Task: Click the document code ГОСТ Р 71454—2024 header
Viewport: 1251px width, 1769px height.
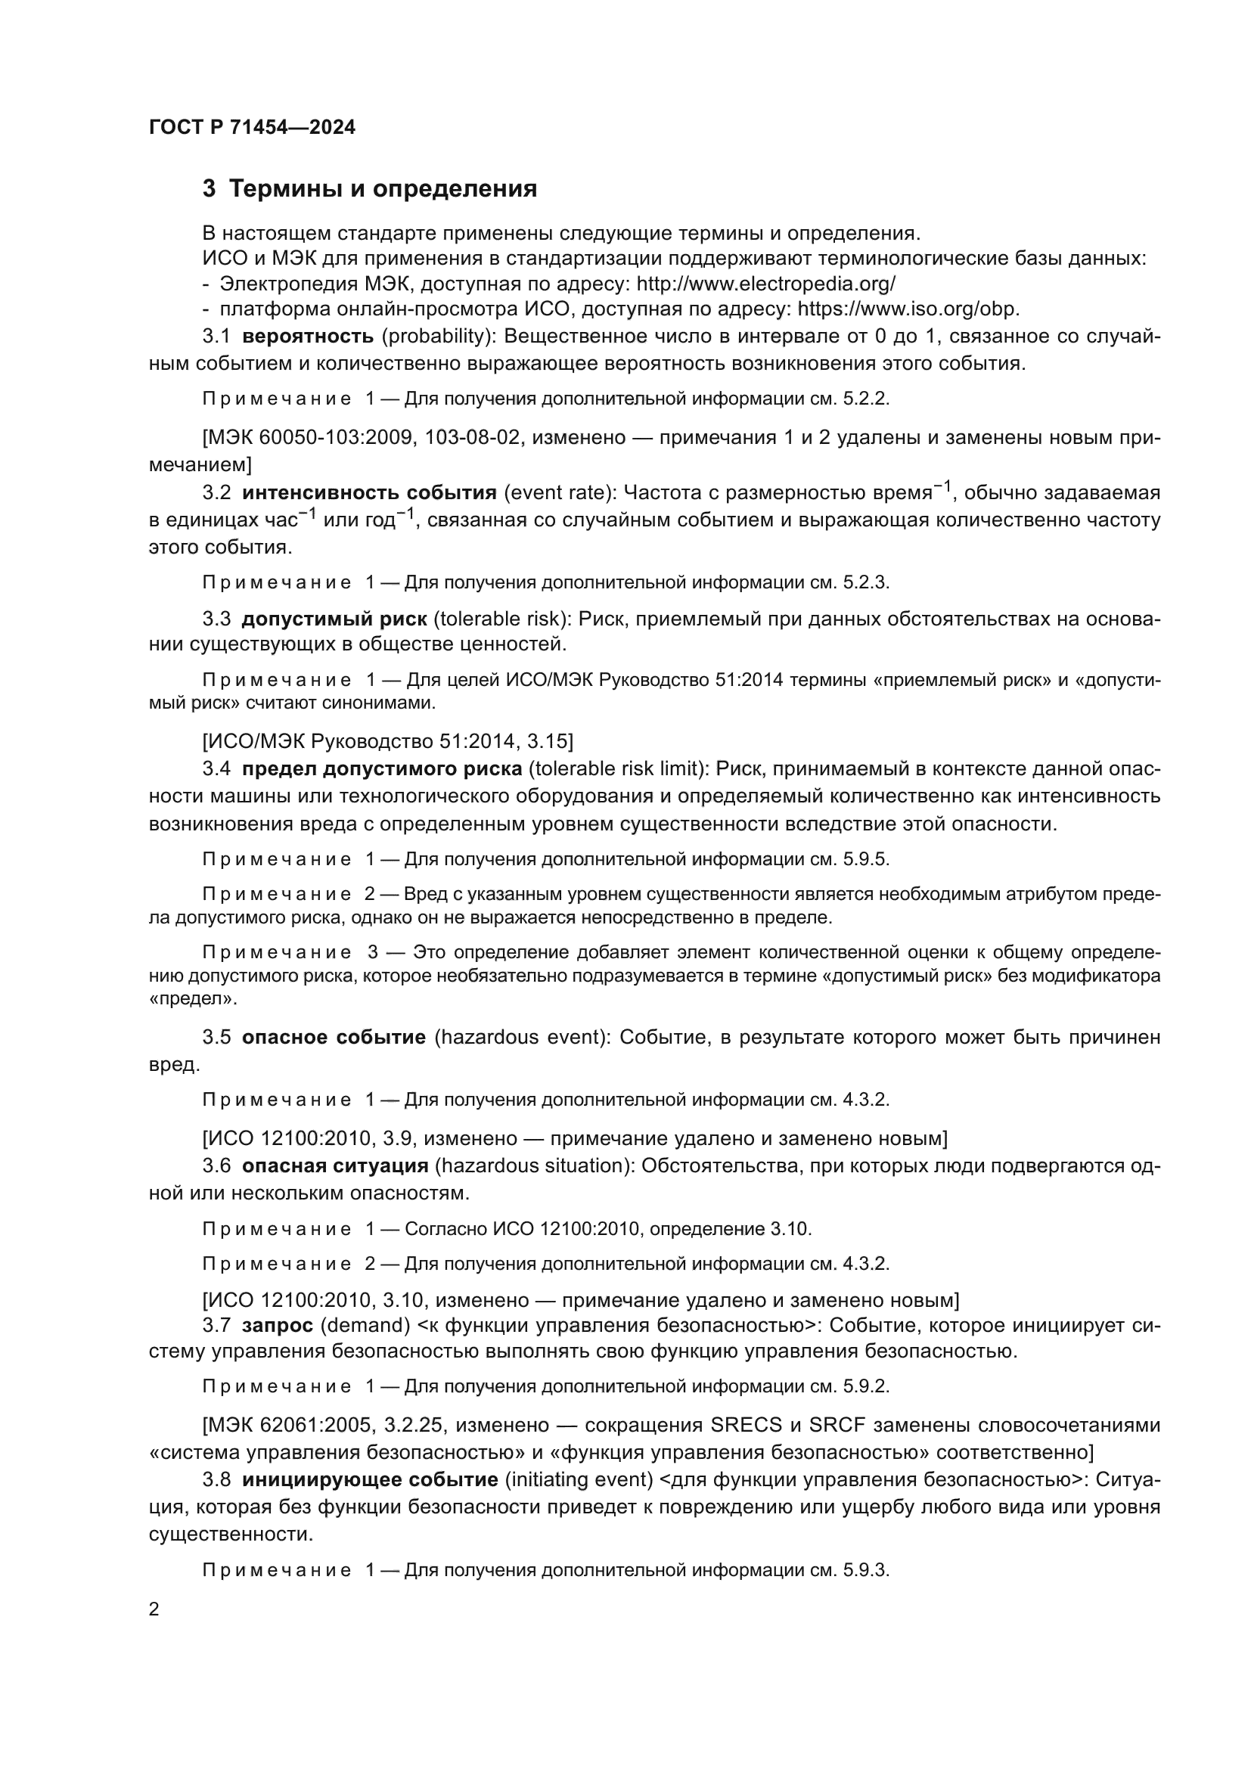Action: (252, 128)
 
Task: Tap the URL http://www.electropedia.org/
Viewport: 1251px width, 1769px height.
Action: (765, 284)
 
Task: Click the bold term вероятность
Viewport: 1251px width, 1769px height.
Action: (307, 336)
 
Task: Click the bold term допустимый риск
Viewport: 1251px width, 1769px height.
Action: (334, 619)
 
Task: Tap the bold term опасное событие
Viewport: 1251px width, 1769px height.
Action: (334, 1037)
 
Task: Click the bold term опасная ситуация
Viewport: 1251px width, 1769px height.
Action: (335, 1165)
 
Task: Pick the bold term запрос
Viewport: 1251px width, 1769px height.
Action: (278, 1325)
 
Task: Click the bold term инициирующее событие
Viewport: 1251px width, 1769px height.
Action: (370, 1479)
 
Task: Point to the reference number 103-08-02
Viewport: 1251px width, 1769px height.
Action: (473, 438)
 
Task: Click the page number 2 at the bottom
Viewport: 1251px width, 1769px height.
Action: (154, 1609)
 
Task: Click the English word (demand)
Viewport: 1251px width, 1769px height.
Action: (365, 1325)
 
